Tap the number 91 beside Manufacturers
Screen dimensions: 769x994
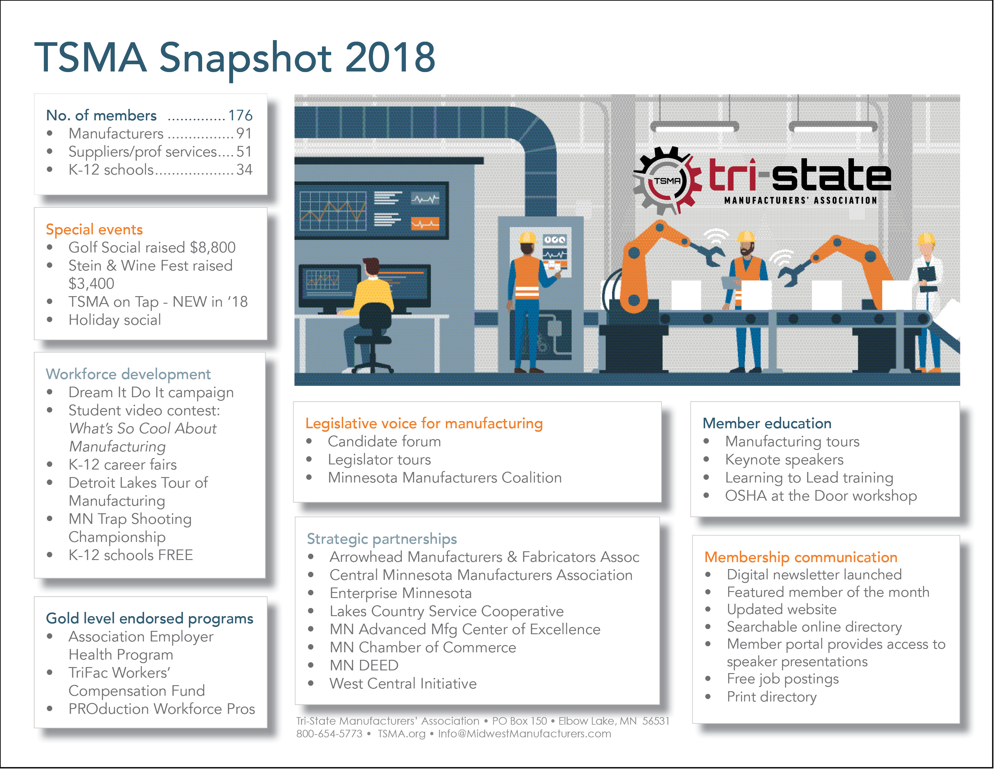tap(243, 134)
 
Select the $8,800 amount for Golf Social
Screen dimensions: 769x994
tap(213, 247)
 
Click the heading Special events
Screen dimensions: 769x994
tap(94, 229)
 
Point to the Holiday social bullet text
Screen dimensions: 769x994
tap(115, 320)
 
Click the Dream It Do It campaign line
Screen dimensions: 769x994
tap(151, 392)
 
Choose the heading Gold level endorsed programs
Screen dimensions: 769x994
tap(149, 618)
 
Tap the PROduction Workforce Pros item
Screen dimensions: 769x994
tap(161, 709)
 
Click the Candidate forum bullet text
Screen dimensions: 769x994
tap(384, 441)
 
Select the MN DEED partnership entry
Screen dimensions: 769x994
tap(364, 666)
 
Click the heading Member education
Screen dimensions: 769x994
tap(767, 423)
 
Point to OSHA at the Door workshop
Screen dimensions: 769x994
tap(821, 496)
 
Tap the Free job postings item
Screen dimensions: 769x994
tap(782, 679)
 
